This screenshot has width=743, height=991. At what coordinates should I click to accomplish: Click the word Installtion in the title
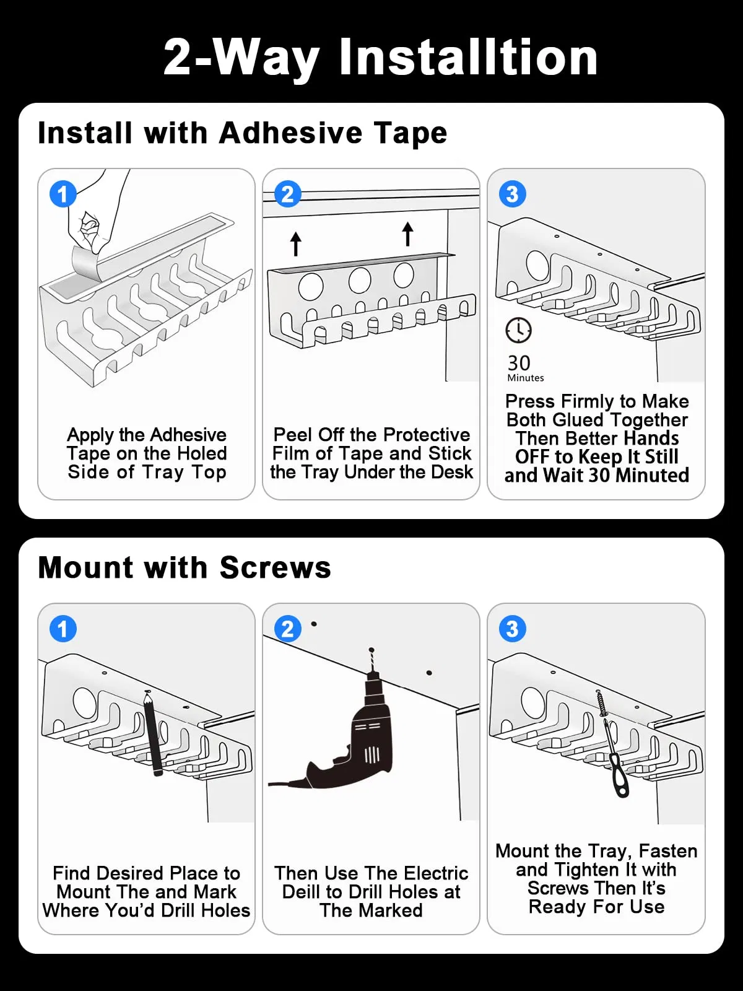click(x=468, y=57)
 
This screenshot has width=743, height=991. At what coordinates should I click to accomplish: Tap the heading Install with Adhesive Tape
click(x=242, y=133)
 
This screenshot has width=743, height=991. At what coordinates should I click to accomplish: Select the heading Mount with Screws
click(x=185, y=567)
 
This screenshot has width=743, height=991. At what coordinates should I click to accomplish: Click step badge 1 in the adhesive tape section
click(x=63, y=194)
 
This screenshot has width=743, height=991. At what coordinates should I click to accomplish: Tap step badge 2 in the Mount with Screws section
click(x=287, y=629)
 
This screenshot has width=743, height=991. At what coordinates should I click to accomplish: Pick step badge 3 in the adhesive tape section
click(x=512, y=194)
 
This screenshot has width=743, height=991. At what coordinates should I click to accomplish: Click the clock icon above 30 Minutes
click(x=518, y=330)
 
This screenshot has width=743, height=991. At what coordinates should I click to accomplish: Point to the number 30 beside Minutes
click(x=519, y=363)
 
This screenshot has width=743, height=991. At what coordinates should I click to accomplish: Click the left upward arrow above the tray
click(x=296, y=243)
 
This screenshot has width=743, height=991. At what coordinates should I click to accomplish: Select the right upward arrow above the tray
click(x=407, y=234)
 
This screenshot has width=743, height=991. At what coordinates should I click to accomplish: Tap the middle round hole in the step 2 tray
click(x=360, y=281)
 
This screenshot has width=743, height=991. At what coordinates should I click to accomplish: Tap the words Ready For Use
click(x=596, y=907)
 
